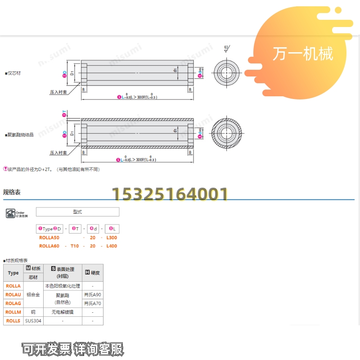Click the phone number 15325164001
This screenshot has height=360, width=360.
point(170,194)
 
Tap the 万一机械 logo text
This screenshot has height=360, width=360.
point(302,54)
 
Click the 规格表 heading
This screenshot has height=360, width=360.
point(12,192)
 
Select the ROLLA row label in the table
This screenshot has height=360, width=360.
point(13,286)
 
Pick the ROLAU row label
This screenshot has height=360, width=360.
point(13,295)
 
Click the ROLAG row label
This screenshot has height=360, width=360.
point(13,303)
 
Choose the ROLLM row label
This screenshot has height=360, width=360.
point(13,312)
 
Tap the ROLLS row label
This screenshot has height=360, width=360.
point(13,321)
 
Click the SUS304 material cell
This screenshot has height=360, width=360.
point(33,321)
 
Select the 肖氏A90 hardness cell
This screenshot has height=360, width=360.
point(93,295)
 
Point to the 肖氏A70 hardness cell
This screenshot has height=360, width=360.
point(93,303)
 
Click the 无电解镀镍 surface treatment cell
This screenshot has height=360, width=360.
point(63,312)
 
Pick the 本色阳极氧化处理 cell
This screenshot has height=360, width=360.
point(63,286)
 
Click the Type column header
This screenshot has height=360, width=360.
point(13,273)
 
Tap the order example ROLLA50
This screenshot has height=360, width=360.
point(49,238)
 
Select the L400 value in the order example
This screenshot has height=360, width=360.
point(112,246)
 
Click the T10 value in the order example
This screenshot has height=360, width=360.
point(75,246)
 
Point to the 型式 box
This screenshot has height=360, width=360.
point(77,211)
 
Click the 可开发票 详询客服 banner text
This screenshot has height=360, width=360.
point(73,348)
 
